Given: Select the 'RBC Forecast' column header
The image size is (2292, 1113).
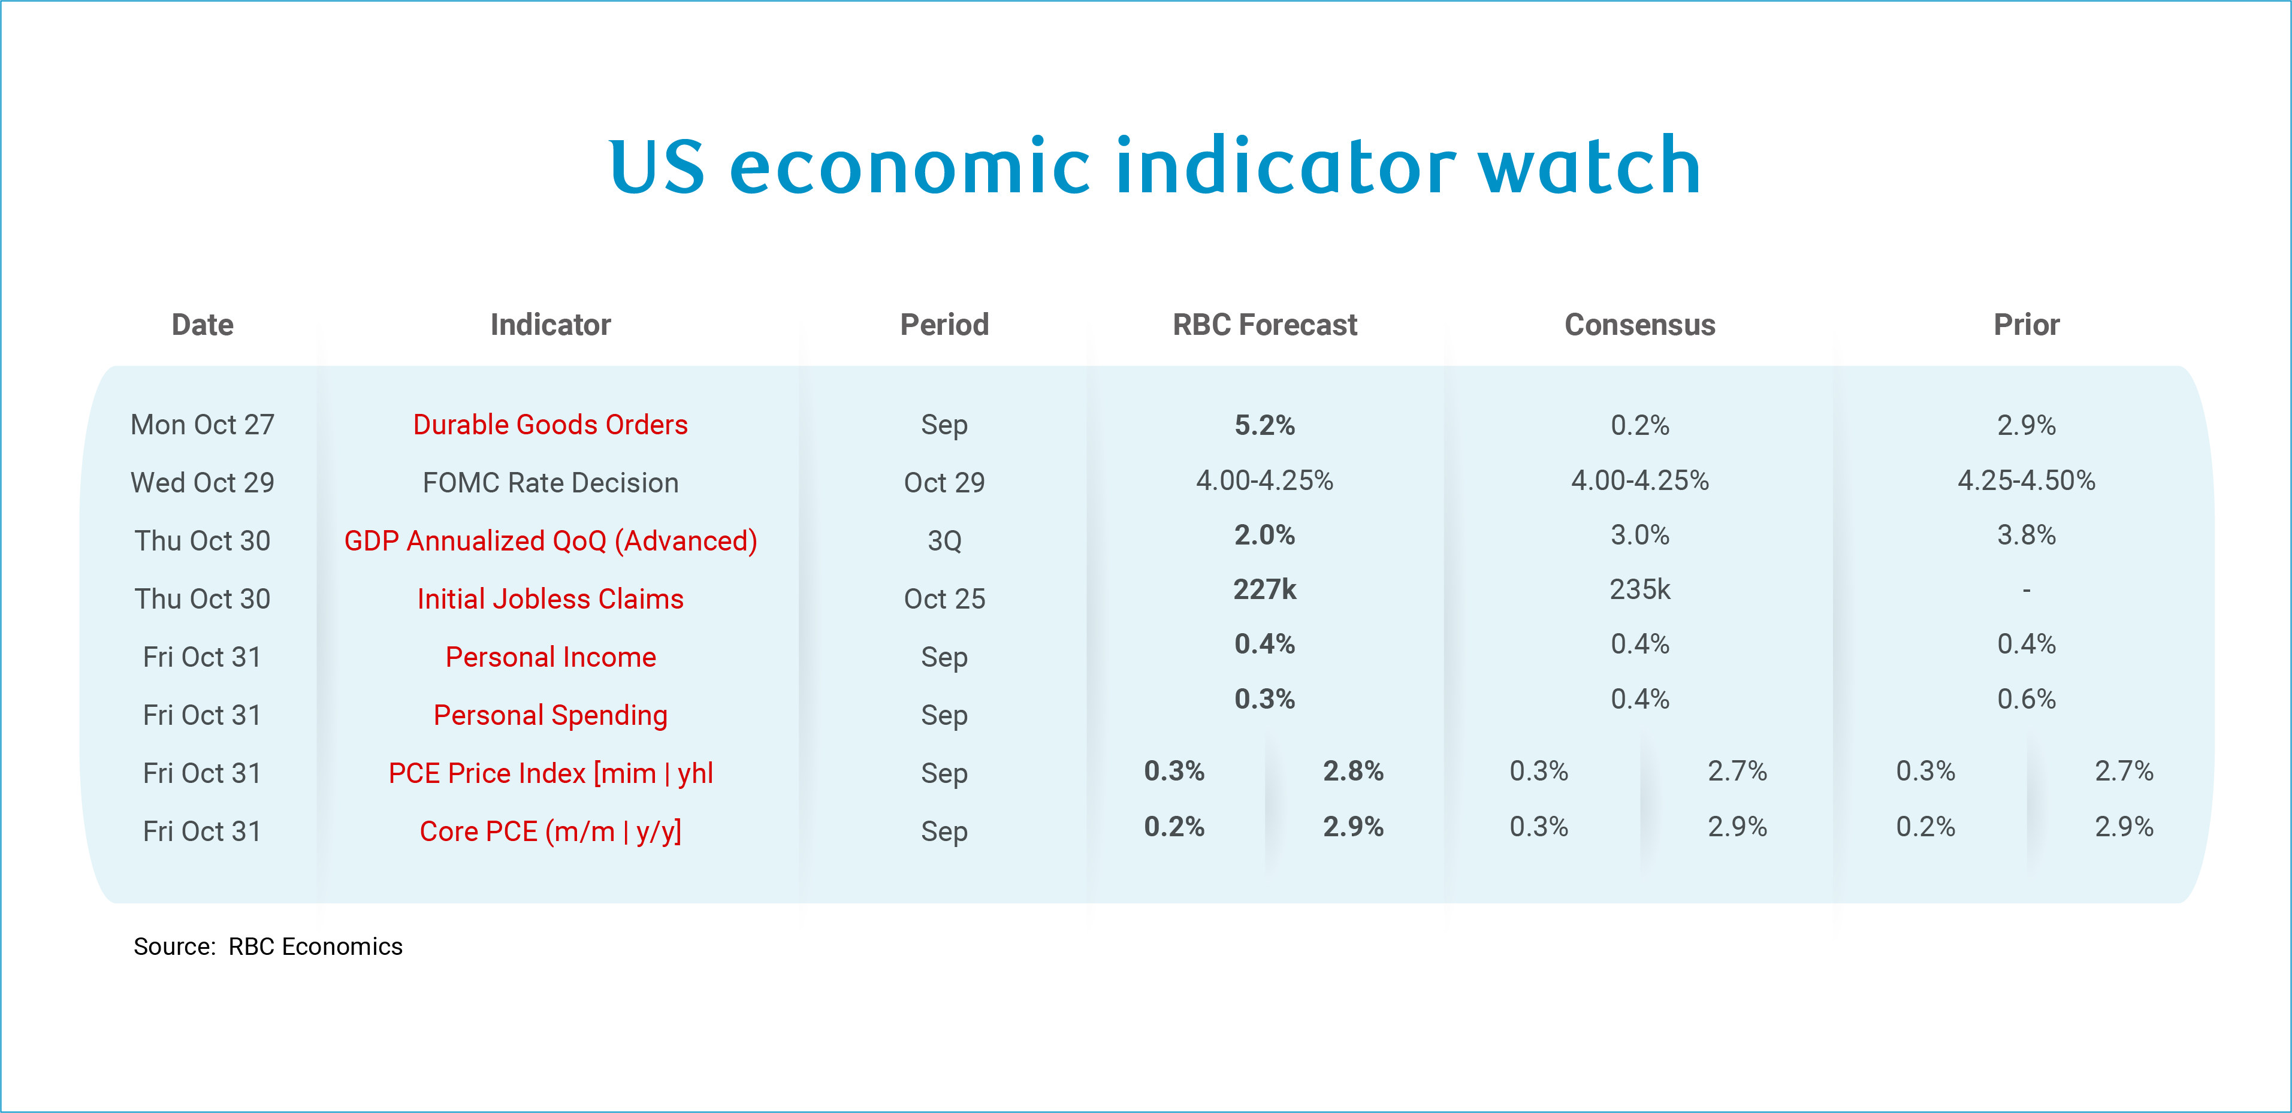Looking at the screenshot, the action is coord(1264,325).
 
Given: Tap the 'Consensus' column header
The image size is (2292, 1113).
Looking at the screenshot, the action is coord(1640,325).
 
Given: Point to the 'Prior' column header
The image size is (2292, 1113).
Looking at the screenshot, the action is coord(2026,325).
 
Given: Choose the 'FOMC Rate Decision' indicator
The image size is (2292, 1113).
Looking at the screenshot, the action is coord(550,482).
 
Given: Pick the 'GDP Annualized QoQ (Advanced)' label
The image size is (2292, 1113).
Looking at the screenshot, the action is coord(550,541).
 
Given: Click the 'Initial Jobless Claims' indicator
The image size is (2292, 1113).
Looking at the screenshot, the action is coord(550,599).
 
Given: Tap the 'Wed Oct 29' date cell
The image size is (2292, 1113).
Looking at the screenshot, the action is coord(202,482).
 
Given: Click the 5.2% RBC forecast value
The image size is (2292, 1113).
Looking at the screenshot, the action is coord(1264,425).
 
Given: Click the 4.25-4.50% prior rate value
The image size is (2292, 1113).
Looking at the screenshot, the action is coord(2026,480).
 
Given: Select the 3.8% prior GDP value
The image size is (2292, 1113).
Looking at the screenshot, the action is coord(2026,535).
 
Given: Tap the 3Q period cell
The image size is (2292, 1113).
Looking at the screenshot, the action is coord(944,541).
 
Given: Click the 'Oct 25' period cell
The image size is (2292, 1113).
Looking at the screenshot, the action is coord(944,599).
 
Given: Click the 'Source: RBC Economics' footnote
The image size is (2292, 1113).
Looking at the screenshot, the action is coord(268,946).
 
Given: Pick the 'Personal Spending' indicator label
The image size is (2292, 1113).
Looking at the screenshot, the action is coord(550,715).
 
